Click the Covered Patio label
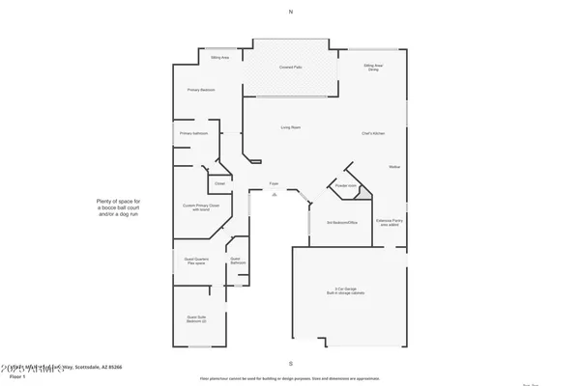(x=289, y=67)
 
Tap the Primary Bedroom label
(x=200, y=90)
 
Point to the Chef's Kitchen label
(x=374, y=133)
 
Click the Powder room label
(x=346, y=184)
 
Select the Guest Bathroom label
(x=236, y=261)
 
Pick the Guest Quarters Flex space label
(x=197, y=261)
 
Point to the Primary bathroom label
(x=193, y=133)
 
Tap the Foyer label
(x=274, y=182)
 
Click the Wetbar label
(x=394, y=167)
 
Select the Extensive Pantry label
(x=391, y=221)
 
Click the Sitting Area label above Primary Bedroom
(x=219, y=58)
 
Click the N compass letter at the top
(x=289, y=12)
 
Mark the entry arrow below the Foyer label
(x=275, y=194)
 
